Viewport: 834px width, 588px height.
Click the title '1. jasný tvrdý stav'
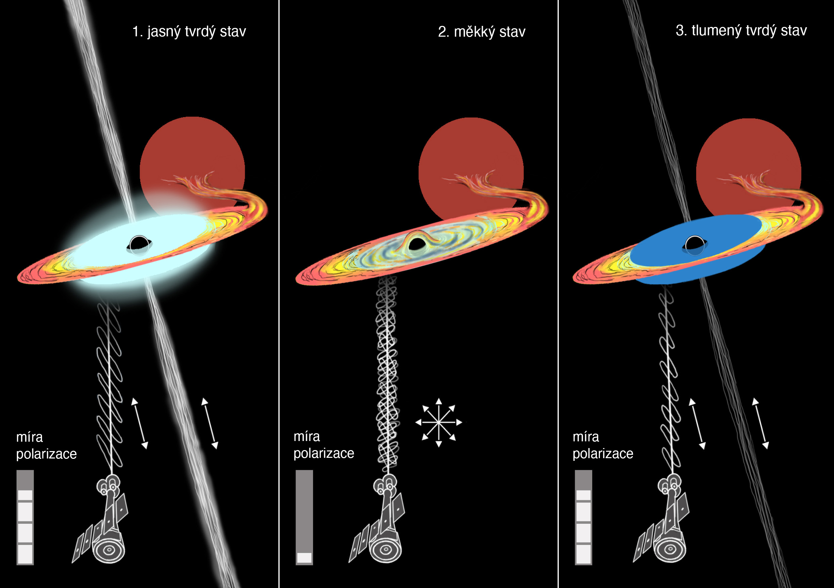pos(189,32)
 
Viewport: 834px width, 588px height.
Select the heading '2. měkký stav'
pos(481,32)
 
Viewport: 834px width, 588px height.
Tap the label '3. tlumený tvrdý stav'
pos(741,31)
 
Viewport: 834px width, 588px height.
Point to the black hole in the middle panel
pos(417,244)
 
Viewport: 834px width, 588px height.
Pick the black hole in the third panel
pos(694,244)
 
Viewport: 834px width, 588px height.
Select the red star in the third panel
pos(748,153)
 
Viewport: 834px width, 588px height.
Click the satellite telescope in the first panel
pos(104,523)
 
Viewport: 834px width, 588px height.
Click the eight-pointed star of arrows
pos(439,422)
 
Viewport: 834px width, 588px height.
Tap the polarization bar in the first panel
pos(25,517)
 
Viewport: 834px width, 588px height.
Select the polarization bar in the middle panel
pos(304,517)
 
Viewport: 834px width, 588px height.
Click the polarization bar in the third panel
pos(583,517)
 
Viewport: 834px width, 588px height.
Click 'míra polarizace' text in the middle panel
pos(323,445)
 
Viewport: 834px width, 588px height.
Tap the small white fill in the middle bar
pos(304,558)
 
